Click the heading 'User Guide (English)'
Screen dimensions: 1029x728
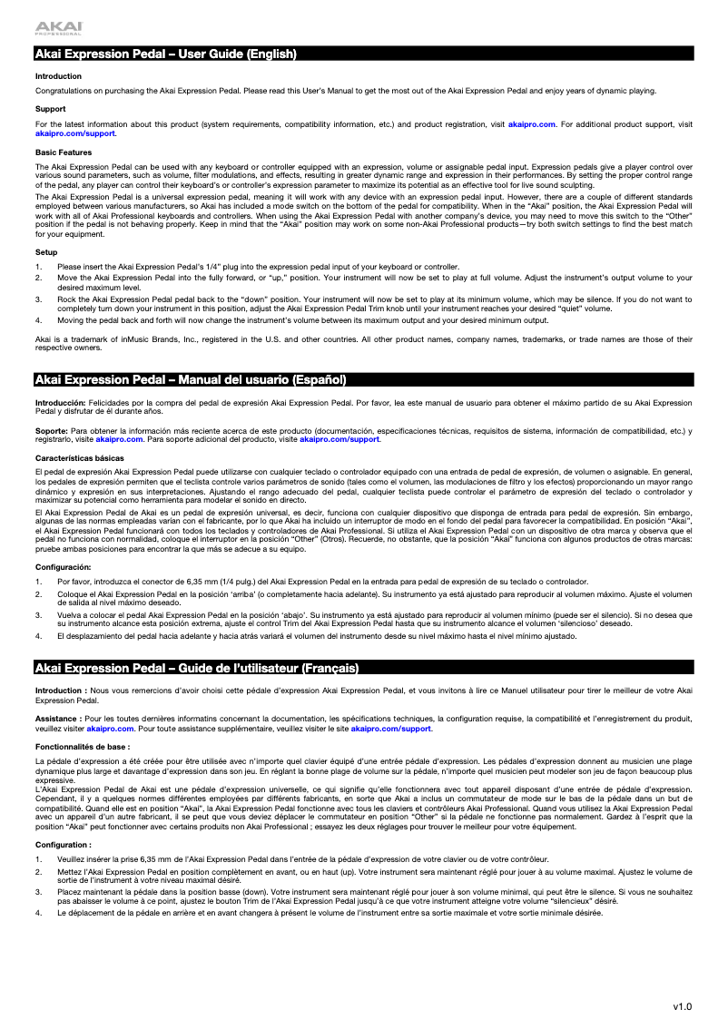coord(166,54)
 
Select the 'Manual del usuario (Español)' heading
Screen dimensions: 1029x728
coord(192,378)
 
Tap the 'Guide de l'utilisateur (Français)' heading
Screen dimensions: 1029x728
coord(197,669)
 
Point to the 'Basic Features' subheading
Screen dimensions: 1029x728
coord(64,152)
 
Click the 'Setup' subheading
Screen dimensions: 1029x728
coord(46,251)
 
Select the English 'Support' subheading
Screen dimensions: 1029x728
coord(51,109)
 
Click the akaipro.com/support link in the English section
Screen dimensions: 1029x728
coord(75,133)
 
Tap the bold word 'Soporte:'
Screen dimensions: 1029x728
coord(51,431)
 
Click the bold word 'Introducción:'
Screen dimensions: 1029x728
coord(60,401)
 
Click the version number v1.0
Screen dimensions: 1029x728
coord(682,1006)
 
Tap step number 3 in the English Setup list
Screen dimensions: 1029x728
coord(38,298)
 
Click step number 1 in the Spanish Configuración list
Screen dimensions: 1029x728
coord(38,582)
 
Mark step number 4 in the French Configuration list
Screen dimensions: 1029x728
coord(38,912)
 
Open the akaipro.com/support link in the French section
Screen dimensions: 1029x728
coord(391,728)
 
